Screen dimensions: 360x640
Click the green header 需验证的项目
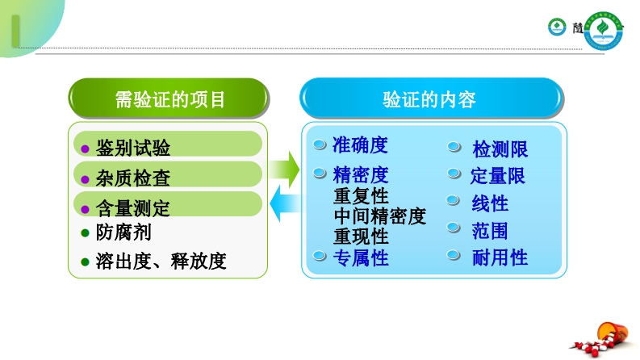169,99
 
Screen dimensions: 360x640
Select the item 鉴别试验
133,148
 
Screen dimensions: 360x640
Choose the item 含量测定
133,207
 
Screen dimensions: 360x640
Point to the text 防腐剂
123,232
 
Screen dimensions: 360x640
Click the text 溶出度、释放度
161,262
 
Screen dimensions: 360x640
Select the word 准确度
360,145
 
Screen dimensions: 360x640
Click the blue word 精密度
360,174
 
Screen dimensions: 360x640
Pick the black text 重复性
361,196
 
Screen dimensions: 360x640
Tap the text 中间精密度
379,216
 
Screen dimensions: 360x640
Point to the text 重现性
361,237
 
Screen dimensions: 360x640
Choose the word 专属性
361,258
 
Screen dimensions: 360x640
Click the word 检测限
500,149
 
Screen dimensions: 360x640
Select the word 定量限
498,175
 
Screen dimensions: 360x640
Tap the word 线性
490,203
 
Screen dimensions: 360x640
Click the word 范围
490,231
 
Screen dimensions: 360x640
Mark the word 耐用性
500,257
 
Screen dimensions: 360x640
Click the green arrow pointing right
283,170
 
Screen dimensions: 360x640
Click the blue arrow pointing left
283,205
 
